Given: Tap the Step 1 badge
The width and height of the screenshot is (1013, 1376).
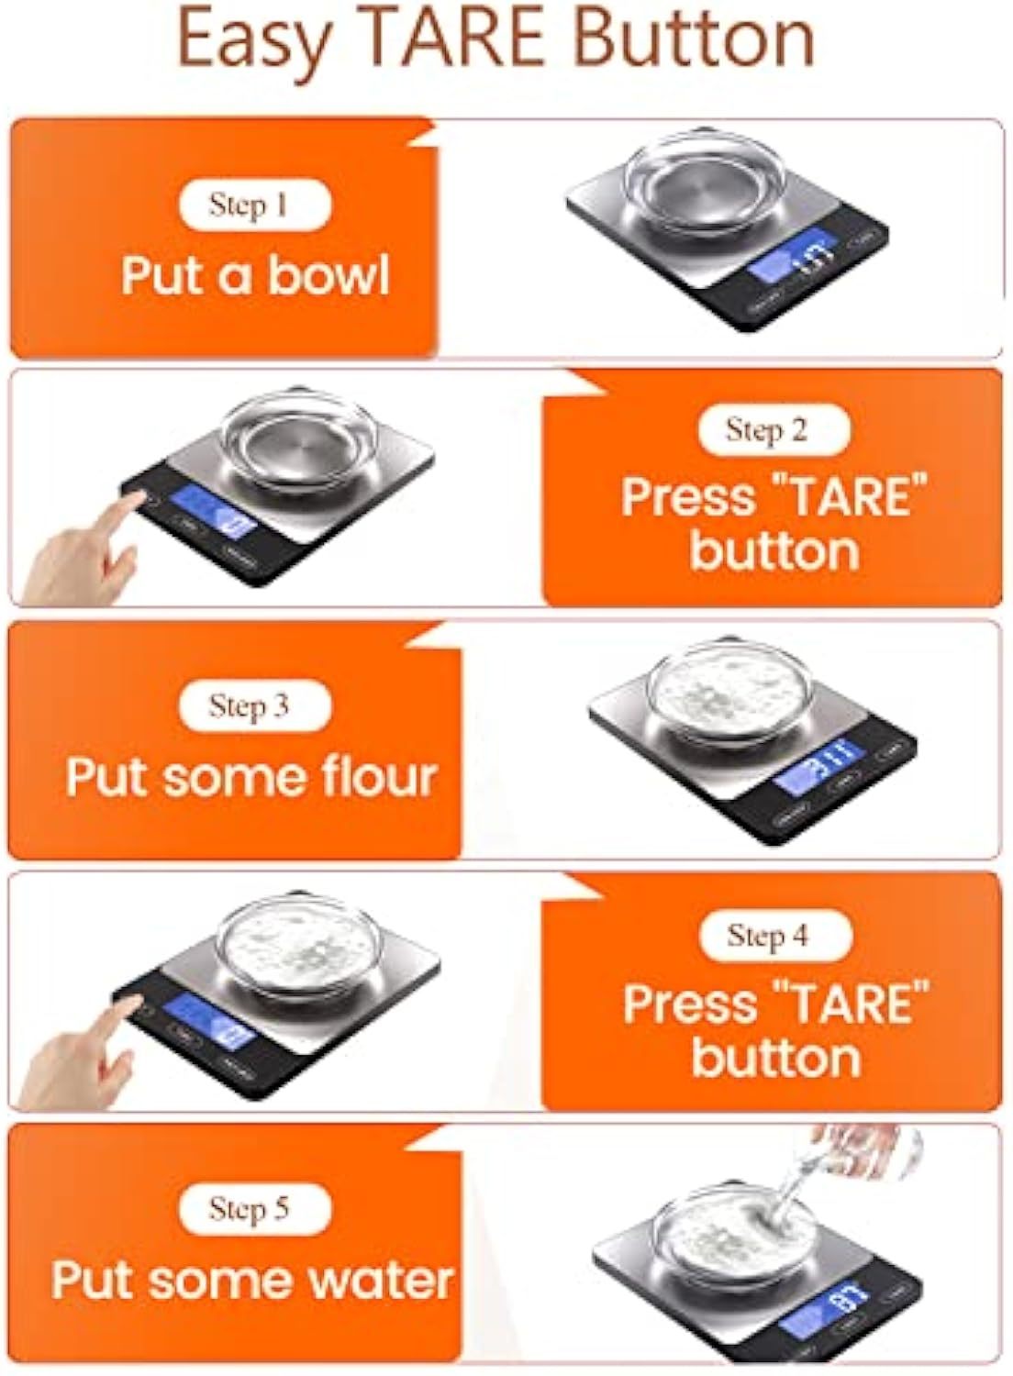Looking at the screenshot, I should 254,205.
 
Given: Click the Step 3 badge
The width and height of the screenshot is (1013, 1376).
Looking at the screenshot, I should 254,705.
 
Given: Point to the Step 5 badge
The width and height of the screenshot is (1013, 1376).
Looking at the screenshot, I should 254,1208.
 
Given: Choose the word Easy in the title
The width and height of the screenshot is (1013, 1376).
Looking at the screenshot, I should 252,39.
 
